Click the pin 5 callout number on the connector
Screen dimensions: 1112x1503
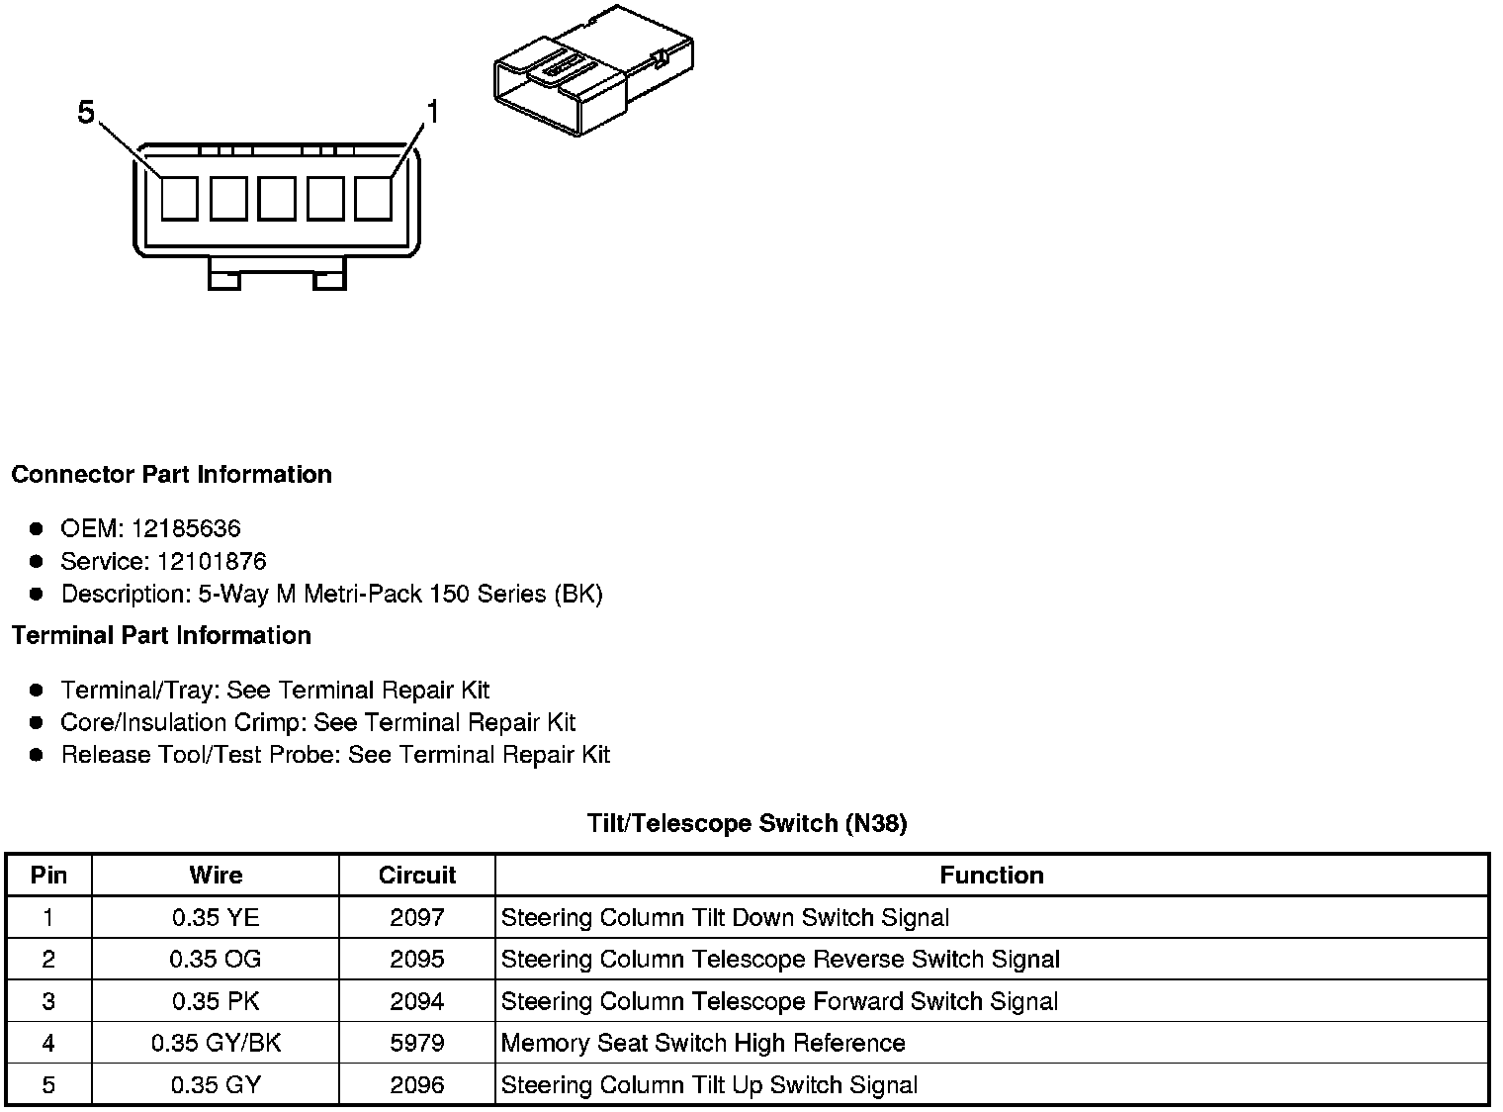(x=86, y=114)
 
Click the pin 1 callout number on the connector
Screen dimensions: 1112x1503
(x=431, y=113)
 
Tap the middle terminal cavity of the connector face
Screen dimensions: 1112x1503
(x=277, y=198)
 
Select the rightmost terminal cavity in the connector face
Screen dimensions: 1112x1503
(x=374, y=198)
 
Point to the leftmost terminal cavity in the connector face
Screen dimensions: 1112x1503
(x=180, y=198)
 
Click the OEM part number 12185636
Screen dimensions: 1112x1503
(x=186, y=528)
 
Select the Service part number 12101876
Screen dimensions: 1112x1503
(x=212, y=561)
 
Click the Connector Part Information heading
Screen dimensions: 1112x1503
(x=171, y=474)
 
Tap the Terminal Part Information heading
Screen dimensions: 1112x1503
(x=161, y=635)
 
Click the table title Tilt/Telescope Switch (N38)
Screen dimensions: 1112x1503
(x=747, y=822)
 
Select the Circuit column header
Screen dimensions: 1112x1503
(x=416, y=875)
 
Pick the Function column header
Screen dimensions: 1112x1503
(x=991, y=875)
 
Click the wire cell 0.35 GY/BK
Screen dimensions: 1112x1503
(x=216, y=1043)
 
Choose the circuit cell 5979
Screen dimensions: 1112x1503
(x=416, y=1043)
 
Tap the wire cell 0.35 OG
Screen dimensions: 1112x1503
(x=216, y=959)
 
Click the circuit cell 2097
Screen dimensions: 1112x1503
(x=416, y=917)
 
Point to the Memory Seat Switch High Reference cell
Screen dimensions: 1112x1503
(x=703, y=1043)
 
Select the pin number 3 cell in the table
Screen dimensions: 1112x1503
(x=48, y=1001)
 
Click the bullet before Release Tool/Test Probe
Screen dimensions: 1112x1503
(x=37, y=755)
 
